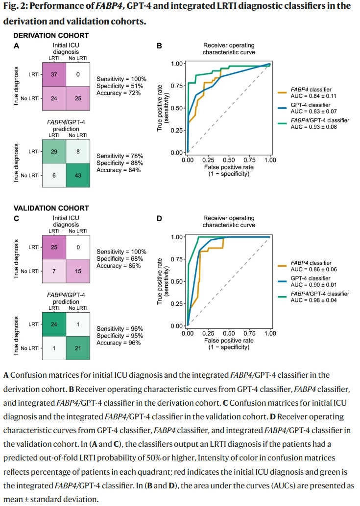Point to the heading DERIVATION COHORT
point(51,36)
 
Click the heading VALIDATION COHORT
point(51,208)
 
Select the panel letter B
point(159,46)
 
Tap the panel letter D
point(159,218)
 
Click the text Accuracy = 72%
point(119,92)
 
